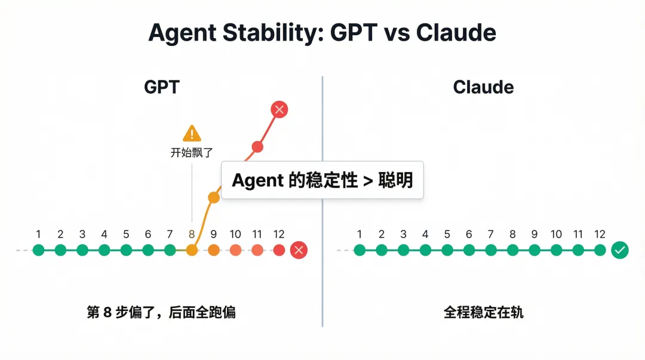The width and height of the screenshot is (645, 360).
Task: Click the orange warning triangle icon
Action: tap(192, 133)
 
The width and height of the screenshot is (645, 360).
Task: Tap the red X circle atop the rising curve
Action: tap(279, 109)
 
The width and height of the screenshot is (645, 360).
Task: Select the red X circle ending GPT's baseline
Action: tap(299, 250)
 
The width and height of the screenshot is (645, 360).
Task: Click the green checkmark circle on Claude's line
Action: tap(621, 250)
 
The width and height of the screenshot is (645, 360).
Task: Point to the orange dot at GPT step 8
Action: tap(192, 250)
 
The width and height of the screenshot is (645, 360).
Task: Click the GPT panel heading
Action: tap(161, 87)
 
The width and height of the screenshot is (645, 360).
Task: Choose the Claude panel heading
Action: tap(483, 87)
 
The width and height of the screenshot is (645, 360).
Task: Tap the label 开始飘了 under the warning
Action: tap(192, 152)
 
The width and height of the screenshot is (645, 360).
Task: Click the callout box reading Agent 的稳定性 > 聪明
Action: tap(322, 180)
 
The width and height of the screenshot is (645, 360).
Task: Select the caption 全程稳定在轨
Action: tap(483, 312)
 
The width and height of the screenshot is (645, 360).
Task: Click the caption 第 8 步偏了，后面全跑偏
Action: tap(161, 312)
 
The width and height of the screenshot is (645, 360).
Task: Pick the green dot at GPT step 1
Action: tap(39, 250)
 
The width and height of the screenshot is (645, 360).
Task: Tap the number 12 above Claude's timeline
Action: tap(600, 235)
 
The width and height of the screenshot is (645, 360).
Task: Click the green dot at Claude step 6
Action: tap(469, 250)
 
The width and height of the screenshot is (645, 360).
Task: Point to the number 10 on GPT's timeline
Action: tap(235, 235)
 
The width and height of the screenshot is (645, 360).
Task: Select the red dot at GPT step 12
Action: tap(279, 250)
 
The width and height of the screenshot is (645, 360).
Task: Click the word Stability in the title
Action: tap(266, 32)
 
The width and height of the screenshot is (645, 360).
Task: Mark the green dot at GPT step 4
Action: tap(104, 250)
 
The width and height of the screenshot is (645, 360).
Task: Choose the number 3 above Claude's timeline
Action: tap(403, 235)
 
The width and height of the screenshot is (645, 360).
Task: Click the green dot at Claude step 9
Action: tap(535, 250)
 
